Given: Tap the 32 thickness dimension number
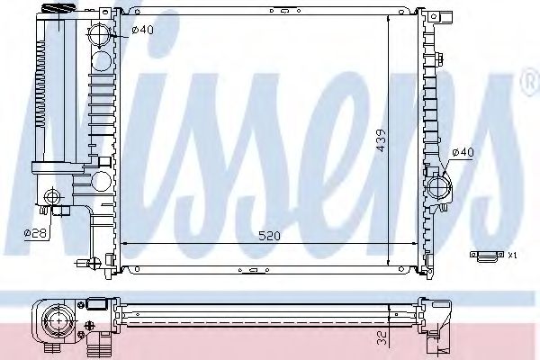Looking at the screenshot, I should (x=382, y=341).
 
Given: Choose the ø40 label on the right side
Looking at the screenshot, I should (x=462, y=152).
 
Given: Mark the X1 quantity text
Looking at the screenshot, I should (x=511, y=256).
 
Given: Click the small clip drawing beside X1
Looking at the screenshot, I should (x=487, y=256).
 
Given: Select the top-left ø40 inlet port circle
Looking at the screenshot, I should (x=100, y=37).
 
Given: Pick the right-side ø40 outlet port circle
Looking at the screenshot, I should (x=440, y=187).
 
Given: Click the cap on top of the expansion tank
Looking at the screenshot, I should (x=49, y=9).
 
